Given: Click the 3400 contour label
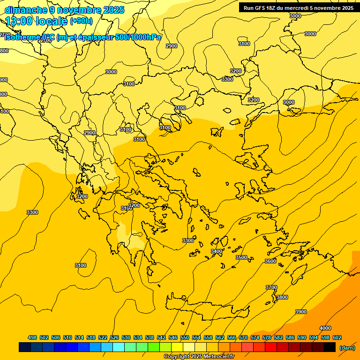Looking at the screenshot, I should pyautogui.click(x=216, y=252).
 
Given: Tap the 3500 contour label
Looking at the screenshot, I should pyautogui.click(x=241, y=258).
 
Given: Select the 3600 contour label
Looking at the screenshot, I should pyautogui.click(x=270, y=261).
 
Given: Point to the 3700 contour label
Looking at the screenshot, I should pyautogui.click(x=271, y=287).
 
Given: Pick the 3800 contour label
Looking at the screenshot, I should pyautogui.click(x=282, y=298).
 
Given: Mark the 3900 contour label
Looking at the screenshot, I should pyautogui.click(x=300, y=312).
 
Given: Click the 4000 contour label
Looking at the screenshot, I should pyautogui.click(x=325, y=328).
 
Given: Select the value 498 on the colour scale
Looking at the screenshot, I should pyautogui.click(x=32, y=338).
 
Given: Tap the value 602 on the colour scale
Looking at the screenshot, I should pyautogui.click(x=337, y=338).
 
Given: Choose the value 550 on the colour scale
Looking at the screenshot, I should pyautogui.click(x=185, y=338).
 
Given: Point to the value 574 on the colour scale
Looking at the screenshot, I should pyautogui.click(x=255, y=338).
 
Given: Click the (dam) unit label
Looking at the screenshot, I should pyautogui.click(x=347, y=347).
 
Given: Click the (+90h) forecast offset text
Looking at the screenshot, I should pyautogui.click(x=81, y=21).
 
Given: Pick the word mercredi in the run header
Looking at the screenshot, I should pyautogui.click(x=304, y=8).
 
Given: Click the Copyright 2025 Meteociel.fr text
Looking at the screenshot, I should pyautogui.click(x=199, y=357).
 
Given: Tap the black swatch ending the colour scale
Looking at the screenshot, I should pyautogui.click(x=329, y=347).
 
